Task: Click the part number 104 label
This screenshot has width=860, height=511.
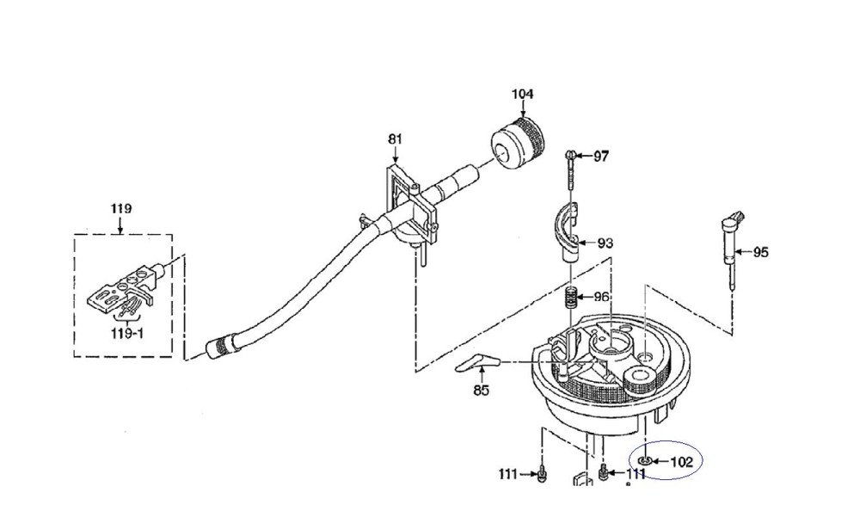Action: click(522, 94)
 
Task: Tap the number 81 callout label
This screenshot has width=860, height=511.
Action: click(395, 139)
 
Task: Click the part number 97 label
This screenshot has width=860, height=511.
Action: click(601, 157)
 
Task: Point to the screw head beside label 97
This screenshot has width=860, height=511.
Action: click(570, 156)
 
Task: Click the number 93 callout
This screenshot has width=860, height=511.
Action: click(605, 243)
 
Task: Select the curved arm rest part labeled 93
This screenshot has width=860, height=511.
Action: click(568, 231)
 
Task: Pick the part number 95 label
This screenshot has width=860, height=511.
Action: click(760, 252)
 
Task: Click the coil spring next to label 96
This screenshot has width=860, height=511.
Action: click(572, 298)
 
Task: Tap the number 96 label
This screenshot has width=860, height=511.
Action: click(601, 297)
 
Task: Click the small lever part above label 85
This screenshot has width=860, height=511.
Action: click(477, 362)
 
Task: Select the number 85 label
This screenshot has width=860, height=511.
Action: click(481, 391)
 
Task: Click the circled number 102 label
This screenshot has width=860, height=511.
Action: click(682, 462)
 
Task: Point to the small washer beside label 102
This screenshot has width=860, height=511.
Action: click(645, 460)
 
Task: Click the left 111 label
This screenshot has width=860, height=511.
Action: click(508, 473)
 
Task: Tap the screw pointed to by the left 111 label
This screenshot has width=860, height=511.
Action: click(542, 474)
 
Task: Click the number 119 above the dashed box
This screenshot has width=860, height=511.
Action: click(121, 208)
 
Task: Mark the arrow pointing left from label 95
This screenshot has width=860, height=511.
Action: click(743, 252)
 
